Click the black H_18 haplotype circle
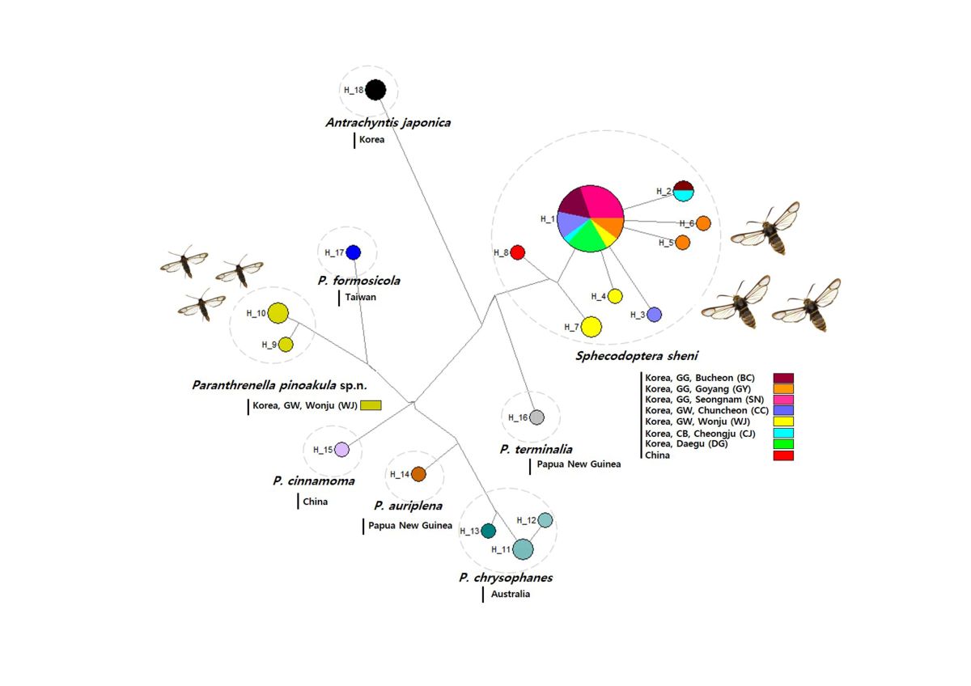375,89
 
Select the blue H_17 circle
353,252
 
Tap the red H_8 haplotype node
518,252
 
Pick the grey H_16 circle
536,417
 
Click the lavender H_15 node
341,450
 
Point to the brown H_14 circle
418,474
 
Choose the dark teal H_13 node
488,531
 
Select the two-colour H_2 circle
684,191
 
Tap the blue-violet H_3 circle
654,315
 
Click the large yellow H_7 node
592,326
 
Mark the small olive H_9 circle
286,344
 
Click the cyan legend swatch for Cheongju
783,433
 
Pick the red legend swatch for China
783,455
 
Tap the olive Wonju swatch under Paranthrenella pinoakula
371,405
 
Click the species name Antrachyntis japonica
388,123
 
